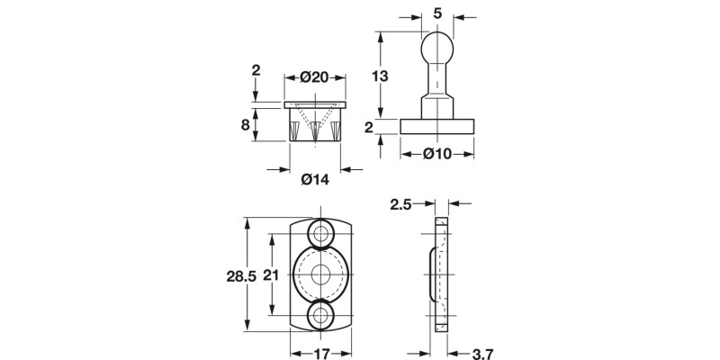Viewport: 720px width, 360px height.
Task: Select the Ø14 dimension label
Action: pyautogui.click(x=314, y=179)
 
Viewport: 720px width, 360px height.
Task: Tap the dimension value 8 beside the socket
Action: pyautogui.click(x=245, y=125)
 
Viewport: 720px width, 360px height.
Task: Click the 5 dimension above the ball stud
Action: pyautogui.click(x=436, y=13)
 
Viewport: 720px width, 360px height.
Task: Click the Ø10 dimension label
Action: pyautogui.click(x=436, y=154)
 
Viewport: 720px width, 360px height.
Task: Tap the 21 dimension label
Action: pyautogui.click(x=267, y=277)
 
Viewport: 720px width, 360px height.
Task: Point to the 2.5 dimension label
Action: pyautogui.click(x=400, y=204)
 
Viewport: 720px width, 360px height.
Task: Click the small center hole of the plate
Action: pyautogui.click(x=321, y=274)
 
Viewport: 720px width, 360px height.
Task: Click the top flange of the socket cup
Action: pyautogui.click(x=314, y=105)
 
